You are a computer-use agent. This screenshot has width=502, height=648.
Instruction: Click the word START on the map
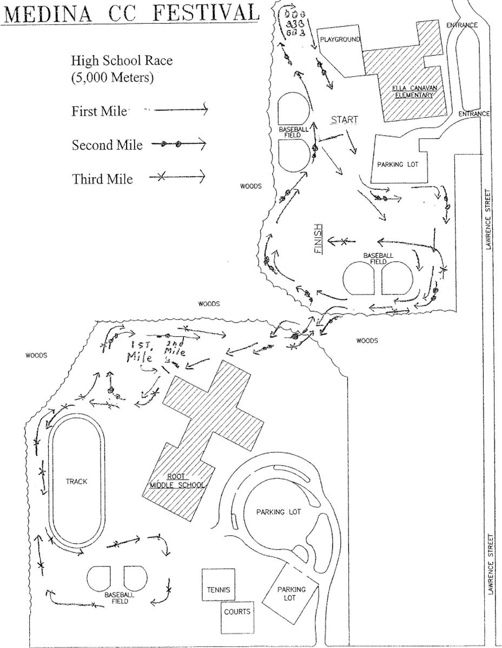click(345, 119)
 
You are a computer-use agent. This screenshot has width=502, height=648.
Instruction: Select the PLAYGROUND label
click(339, 39)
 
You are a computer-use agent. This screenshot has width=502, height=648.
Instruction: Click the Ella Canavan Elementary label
click(414, 91)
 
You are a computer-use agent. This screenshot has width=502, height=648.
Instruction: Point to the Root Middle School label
click(177, 480)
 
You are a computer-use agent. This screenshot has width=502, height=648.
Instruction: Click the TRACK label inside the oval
click(76, 482)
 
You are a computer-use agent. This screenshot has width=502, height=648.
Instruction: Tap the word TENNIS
click(219, 590)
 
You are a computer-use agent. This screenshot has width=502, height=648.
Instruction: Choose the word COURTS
click(237, 612)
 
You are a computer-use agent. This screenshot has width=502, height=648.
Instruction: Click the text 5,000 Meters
click(112, 78)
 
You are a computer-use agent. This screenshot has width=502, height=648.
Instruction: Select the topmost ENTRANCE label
click(461, 25)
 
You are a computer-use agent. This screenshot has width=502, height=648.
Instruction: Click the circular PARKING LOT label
click(278, 512)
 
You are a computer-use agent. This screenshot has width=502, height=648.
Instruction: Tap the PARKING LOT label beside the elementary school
click(398, 164)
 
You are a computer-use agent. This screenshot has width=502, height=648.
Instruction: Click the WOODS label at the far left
click(36, 356)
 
